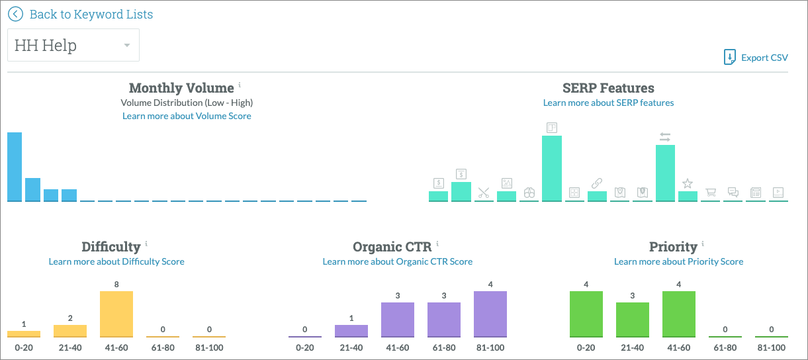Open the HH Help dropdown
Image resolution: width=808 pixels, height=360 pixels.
click(x=73, y=45)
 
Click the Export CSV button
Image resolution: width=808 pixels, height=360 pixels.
click(x=756, y=58)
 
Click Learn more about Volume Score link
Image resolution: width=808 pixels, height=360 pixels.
click(x=187, y=116)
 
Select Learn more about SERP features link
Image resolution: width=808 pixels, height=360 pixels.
click(x=608, y=103)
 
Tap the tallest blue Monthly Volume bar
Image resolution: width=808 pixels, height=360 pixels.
click(x=15, y=167)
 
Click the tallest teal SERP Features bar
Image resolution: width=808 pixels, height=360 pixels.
click(x=551, y=168)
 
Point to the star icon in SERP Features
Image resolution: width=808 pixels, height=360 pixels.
click(x=688, y=183)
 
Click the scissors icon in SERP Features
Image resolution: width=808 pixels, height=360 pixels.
click(x=484, y=193)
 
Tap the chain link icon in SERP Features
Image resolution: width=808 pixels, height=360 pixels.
click(x=596, y=183)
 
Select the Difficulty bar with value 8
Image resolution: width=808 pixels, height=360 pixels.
click(x=116, y=314)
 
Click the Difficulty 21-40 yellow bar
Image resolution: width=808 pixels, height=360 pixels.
click(x=70, y=330)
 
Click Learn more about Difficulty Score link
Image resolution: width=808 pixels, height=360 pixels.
click(x=116, y=261)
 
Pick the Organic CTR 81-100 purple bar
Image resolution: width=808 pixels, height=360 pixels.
click(x=490, y=314)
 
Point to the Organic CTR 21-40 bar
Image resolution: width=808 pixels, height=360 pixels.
click(x=351, y=330)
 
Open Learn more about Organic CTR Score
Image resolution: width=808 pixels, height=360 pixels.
click(x=397, y=261)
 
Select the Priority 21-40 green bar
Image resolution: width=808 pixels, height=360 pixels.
click(x=633, y=319)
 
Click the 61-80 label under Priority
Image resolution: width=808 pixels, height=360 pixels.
click(x=725, y=347)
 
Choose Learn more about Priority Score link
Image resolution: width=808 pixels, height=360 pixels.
click(x=678, y=261)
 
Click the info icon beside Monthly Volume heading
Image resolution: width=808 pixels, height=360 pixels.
click(x=240, y=85)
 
